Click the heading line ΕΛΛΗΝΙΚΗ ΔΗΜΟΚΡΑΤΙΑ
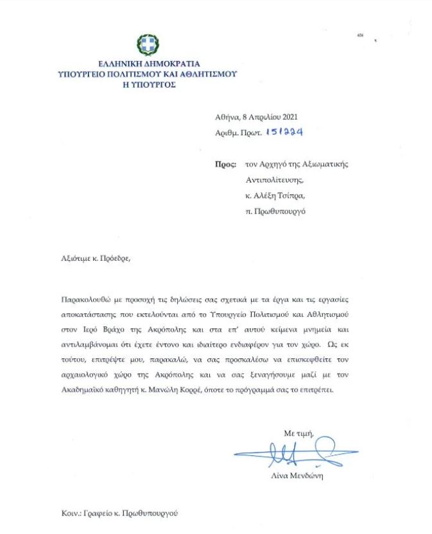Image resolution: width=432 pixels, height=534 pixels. click(149, 64)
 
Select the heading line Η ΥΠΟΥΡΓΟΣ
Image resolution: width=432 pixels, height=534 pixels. click(149, 84)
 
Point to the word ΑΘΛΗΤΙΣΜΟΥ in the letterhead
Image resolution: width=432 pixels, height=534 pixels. click(205, 74)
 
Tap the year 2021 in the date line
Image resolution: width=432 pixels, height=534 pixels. click(287, 117)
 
